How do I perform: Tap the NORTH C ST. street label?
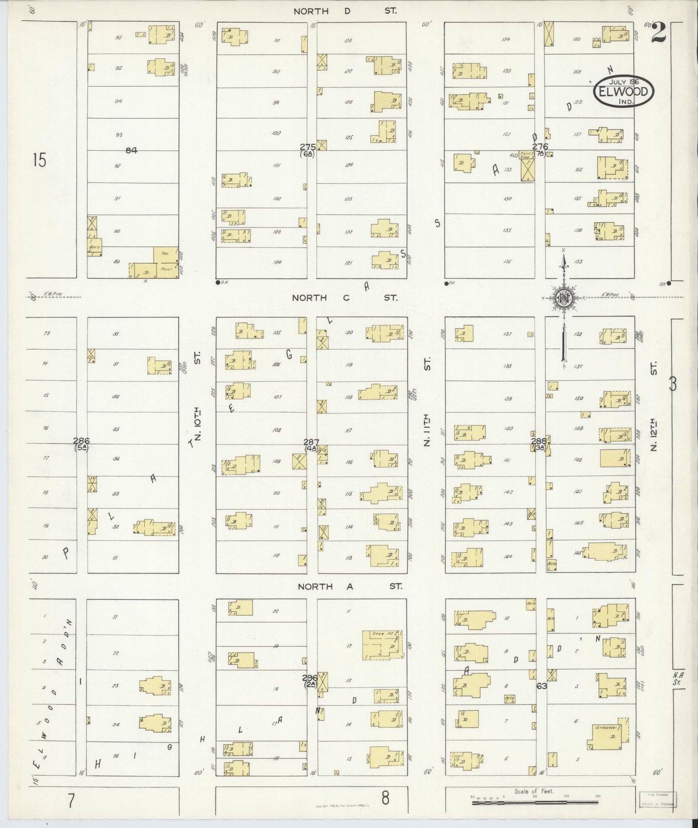click(344, 298)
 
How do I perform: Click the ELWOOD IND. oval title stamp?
click(624, 91)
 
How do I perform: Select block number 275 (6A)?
click(308, 150)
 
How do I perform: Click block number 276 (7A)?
click(540, 149)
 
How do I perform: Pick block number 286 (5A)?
click(81, 443)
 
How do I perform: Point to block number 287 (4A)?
click(311, 444)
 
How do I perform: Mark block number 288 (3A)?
click(539, 443)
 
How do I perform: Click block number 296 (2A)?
click(310, 680)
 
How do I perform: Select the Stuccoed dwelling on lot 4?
click(609, 732)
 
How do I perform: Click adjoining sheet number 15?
click(40, 160)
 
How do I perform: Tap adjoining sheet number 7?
click(71, 800)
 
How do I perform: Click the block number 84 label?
click(131, 150)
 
